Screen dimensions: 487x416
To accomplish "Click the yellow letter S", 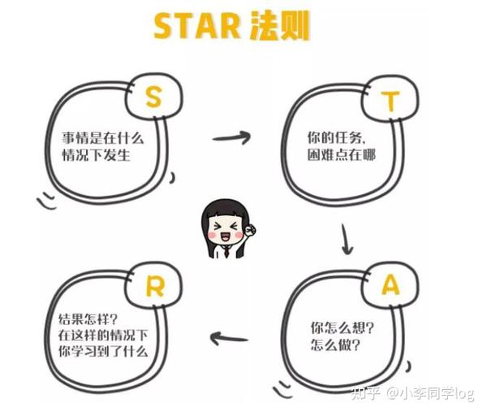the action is (153, 97).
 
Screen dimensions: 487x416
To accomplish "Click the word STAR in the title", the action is (196, 28).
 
